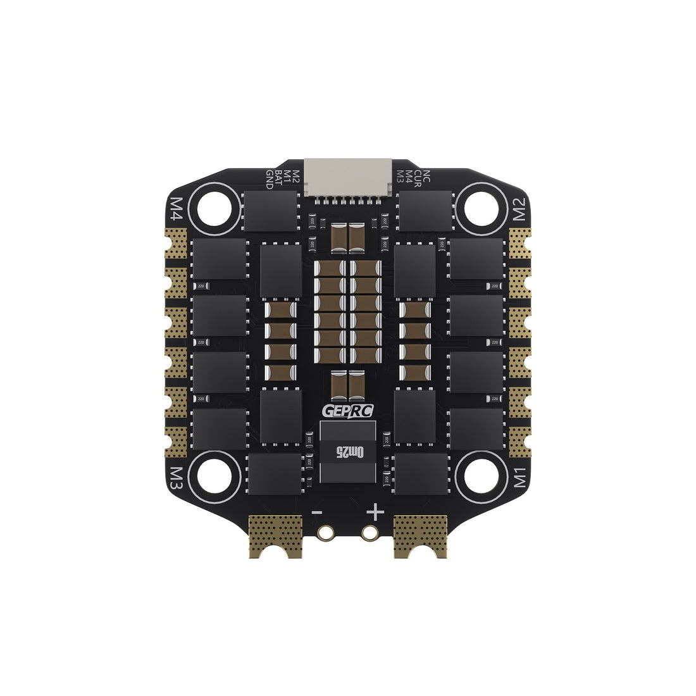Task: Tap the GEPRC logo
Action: click(348, 411)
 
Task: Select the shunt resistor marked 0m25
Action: click(348, 452)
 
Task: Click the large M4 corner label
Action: click(177, 208)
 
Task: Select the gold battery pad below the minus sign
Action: click(277, 535)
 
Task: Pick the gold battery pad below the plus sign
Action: click(420, 535)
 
